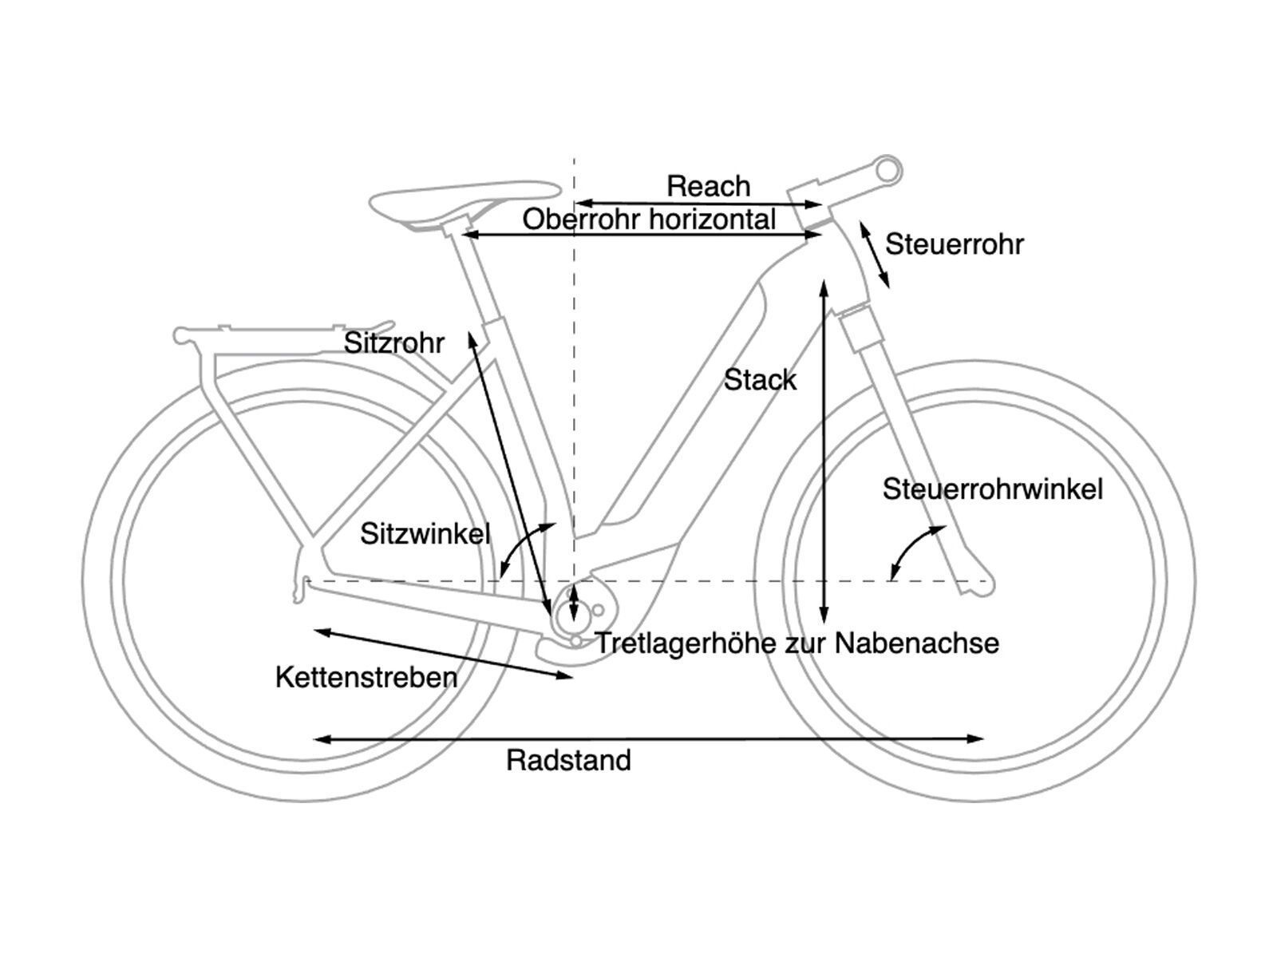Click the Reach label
pyautogui.click(x=708, y=186)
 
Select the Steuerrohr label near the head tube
pyautogui.click(x=954, y=244)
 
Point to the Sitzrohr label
pyautogui.click(x=393, y=343)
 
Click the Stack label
pyautogui.click(x=760, y=380)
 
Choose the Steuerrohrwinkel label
pyautogui.click(x=992, y=489)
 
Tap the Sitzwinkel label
pyautogui.click(x=425, y=533)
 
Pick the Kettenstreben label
pyautogui.click(x=366, y=677)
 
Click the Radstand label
pyautogui.click(x=568, y=760)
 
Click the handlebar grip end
pyautogui.click(x=888, y=169)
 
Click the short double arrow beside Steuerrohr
pyautogui.click(x=875, y=254)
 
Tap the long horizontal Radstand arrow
pyautogui.click(x=648, y=739)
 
